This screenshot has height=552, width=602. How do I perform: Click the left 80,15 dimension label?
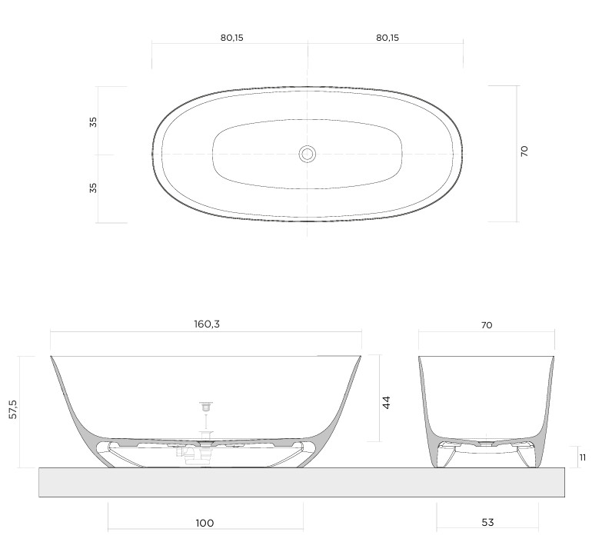point(232,38)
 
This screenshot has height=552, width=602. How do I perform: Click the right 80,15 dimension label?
point(387,38)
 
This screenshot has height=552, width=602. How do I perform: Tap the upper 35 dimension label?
point(93,122)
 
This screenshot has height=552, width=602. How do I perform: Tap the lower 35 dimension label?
point(93,188)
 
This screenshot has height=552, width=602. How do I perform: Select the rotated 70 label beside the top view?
point(524,151)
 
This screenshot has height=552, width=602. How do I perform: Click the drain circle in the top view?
point(307,154)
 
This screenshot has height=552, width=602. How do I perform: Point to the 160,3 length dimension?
point(207,324)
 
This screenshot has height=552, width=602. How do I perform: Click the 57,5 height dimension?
point(13,409)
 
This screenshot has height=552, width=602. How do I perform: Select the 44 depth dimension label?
point(386,402)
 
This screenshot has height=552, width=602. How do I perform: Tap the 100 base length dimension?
point(205,523)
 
